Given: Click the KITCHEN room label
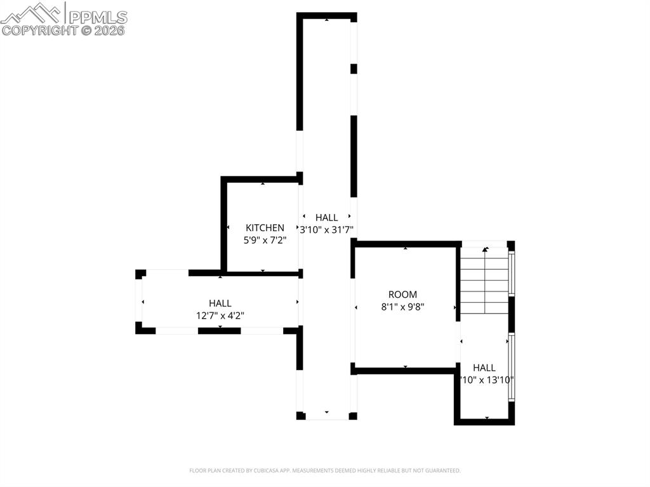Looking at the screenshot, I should click(265, 228).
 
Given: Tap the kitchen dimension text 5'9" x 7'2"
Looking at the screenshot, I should click(265, 241).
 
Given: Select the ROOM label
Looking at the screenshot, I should click(403, 295).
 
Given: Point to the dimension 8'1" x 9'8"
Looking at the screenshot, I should click(403, 307).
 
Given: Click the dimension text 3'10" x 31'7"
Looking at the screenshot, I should click(326, 230).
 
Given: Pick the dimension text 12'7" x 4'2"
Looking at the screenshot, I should click(220, 315).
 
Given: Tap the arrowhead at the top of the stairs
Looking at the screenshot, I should click(486, 250).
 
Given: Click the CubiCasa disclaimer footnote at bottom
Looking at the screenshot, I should click(324, 470).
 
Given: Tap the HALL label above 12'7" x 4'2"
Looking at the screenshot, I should click(220, 304).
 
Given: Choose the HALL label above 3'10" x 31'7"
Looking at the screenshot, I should click(326, 218).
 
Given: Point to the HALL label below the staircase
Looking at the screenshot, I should click(484, 368).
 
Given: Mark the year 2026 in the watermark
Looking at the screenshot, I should click(110, 30).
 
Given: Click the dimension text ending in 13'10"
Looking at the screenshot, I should click(487, 380).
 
